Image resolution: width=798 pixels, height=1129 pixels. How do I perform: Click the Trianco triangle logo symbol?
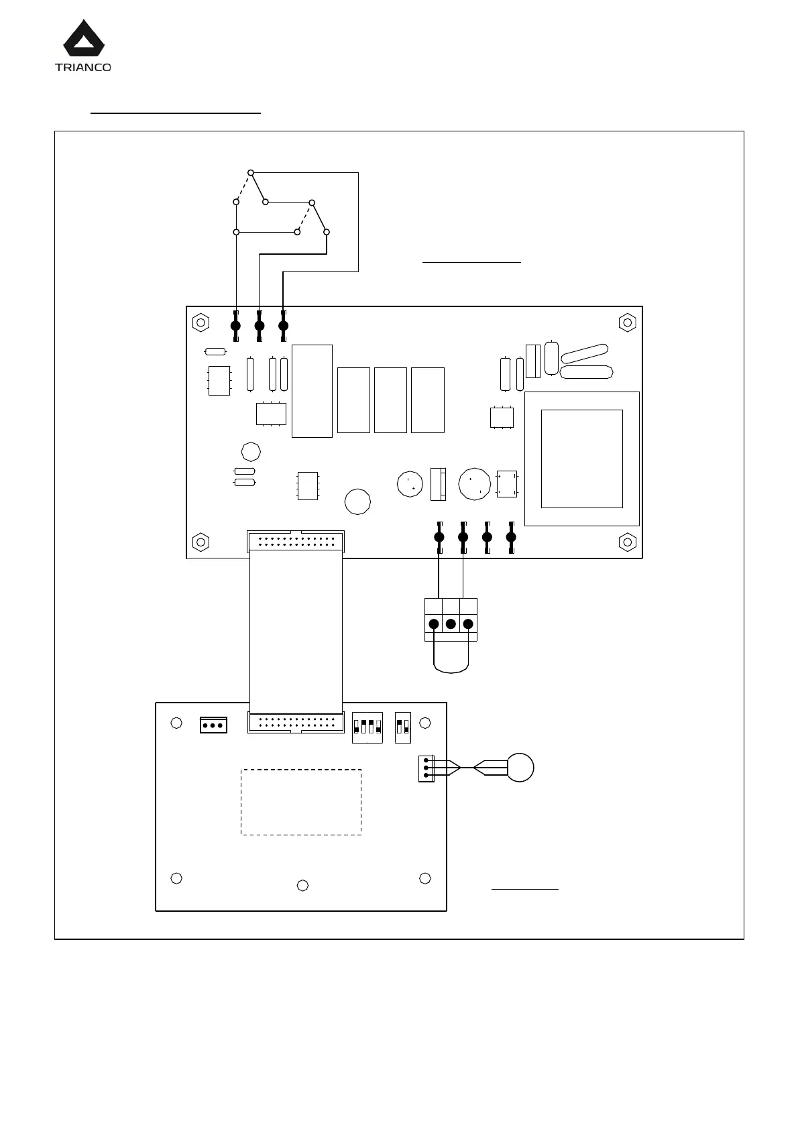coord(84,40)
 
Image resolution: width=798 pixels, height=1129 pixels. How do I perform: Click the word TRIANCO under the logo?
coord(83,67)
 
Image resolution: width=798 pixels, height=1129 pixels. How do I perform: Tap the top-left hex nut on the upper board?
coord(201,322)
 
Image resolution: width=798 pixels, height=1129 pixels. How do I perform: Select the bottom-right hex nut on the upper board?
coord(628,541)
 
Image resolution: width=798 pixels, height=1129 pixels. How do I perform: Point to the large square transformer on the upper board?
coord(581,459)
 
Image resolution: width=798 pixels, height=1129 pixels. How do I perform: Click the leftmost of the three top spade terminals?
coord(235,326)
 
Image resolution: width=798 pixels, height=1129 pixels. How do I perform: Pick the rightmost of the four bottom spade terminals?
coord(511,537)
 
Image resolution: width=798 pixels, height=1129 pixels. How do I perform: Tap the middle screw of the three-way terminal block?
coord(451,624)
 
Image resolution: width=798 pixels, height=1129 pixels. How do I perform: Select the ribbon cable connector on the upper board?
coord(296,540)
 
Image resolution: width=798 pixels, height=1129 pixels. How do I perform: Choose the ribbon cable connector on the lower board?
coord(296,723)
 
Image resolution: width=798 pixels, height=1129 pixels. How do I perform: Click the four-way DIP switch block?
coord(367,727)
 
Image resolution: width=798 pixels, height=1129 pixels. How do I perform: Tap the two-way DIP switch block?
coord(402,727)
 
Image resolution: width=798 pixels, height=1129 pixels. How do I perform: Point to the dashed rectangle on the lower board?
coord(301,802)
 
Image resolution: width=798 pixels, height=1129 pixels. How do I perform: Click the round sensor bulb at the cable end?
coord(520,768)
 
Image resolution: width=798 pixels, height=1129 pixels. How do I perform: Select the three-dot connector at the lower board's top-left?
coord(213,725)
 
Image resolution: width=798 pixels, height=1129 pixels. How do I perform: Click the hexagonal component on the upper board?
coord(250,451)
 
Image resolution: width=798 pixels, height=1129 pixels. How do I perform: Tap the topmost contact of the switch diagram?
coord(250,172)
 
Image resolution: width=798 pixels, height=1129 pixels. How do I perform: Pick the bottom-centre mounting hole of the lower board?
coord(302,886)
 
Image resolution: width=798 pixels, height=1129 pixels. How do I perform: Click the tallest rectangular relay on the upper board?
coord(312,391)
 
